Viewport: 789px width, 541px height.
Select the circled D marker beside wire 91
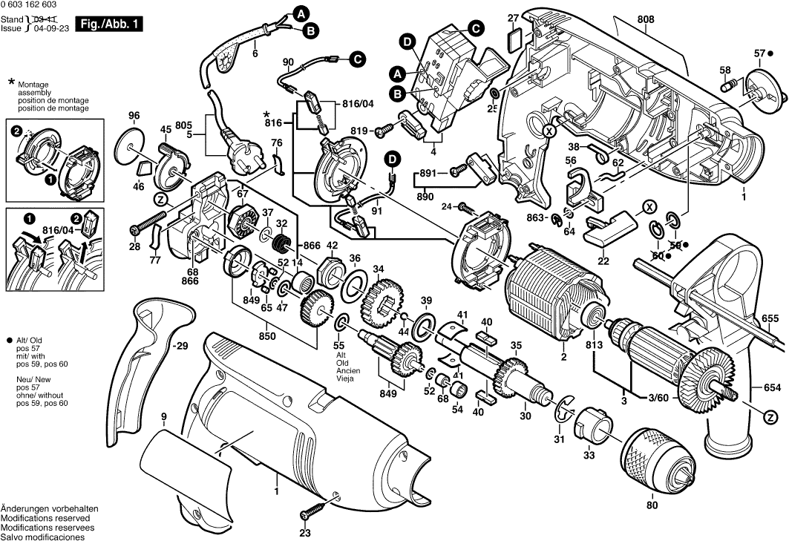(391, 157)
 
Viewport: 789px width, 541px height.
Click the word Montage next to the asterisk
(32, 85)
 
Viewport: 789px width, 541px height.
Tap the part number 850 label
(266, 336)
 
